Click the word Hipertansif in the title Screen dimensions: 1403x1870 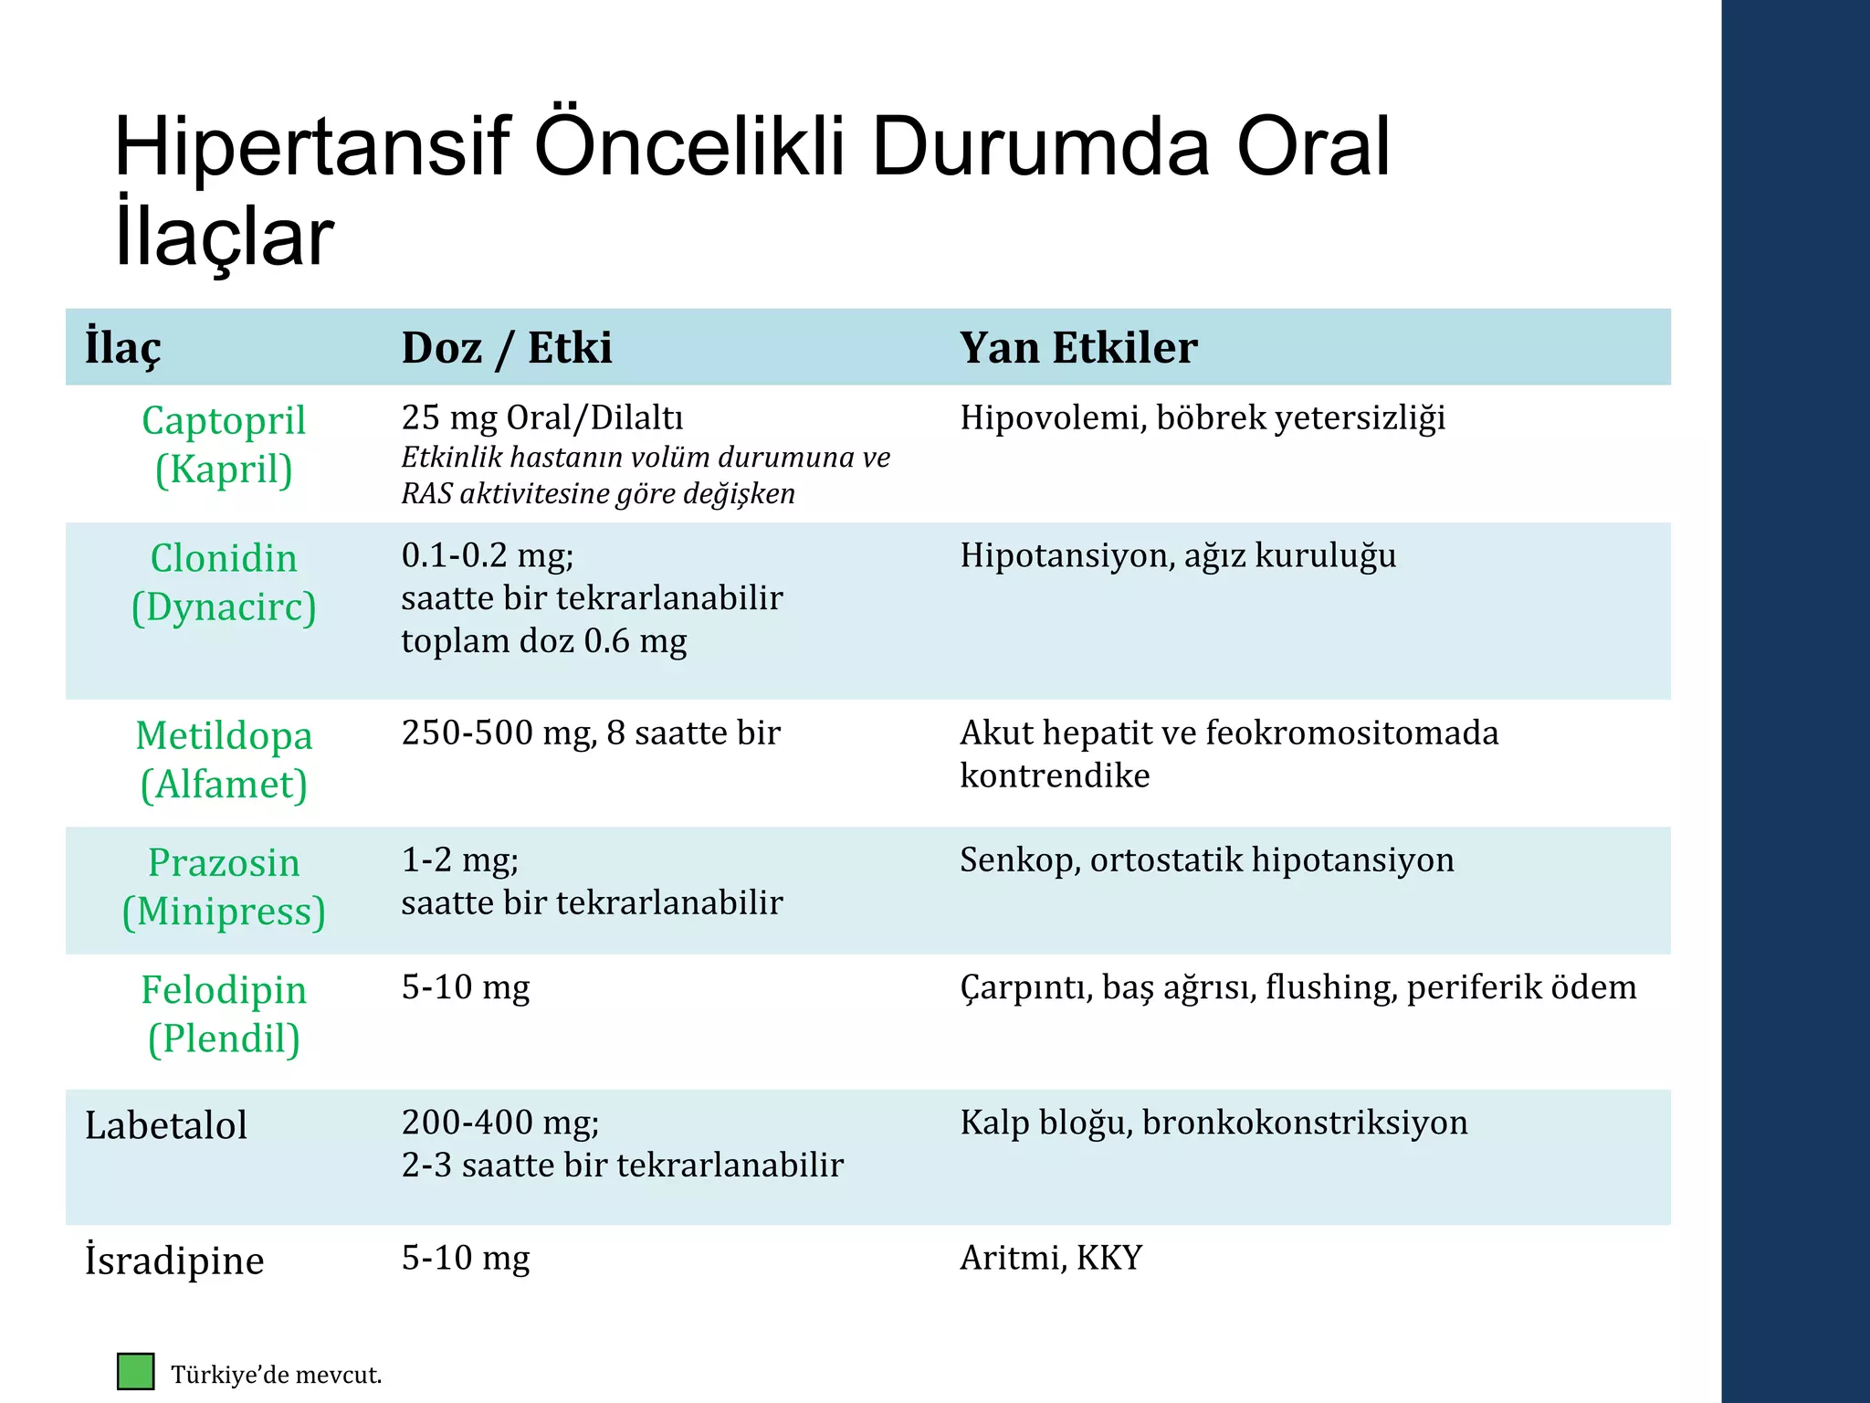tap(310, 148)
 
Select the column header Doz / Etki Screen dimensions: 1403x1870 tap(507, 348)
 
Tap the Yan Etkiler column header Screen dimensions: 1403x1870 tap(1078, 348)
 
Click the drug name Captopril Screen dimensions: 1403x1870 tap(224, 421)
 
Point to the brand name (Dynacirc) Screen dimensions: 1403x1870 tap(224, 607)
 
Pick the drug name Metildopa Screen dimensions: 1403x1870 tap(224, 736)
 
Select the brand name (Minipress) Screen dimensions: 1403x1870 tap(224, 912)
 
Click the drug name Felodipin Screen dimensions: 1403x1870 tap(224, 990)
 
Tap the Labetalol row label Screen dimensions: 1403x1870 tap(166, 1125)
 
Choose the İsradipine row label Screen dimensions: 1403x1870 tap(174, 1261)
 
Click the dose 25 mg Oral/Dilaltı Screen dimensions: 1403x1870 tap(542, 418)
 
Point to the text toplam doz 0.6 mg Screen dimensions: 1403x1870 tap(544, 641)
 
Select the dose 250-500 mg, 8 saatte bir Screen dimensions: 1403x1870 tap(591, 733)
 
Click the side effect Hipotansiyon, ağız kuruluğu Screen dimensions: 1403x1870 tap(1178, 555)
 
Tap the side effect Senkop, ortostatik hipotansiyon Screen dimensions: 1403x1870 tap(1206, 860)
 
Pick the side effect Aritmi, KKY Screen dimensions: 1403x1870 tap(1051, 1259)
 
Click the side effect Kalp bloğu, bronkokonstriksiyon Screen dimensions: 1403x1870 tap(1213, 1123)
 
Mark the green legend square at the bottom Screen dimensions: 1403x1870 tap(136, 1372)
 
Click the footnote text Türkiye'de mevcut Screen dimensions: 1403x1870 tap(276, 1376)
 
